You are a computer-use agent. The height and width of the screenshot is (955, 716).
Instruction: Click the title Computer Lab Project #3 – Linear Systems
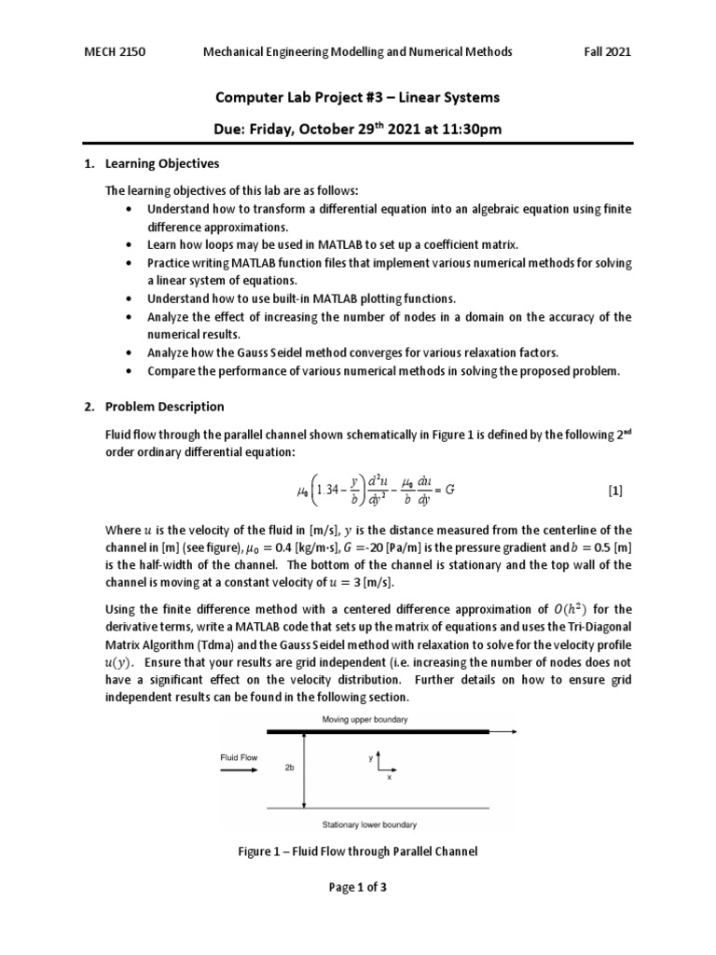[357, 97]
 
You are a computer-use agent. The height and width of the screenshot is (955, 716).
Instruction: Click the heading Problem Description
[164, 407]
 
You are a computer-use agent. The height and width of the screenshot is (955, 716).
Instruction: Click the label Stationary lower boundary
[368, 824]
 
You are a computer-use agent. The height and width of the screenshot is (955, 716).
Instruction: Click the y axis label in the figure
[370, 758]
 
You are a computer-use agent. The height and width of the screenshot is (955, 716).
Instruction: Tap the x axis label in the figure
[389, 778]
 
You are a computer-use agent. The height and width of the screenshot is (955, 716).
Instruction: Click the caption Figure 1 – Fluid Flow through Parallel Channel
[357, 851]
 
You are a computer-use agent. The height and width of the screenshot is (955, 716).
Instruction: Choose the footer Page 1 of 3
[357, 888]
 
